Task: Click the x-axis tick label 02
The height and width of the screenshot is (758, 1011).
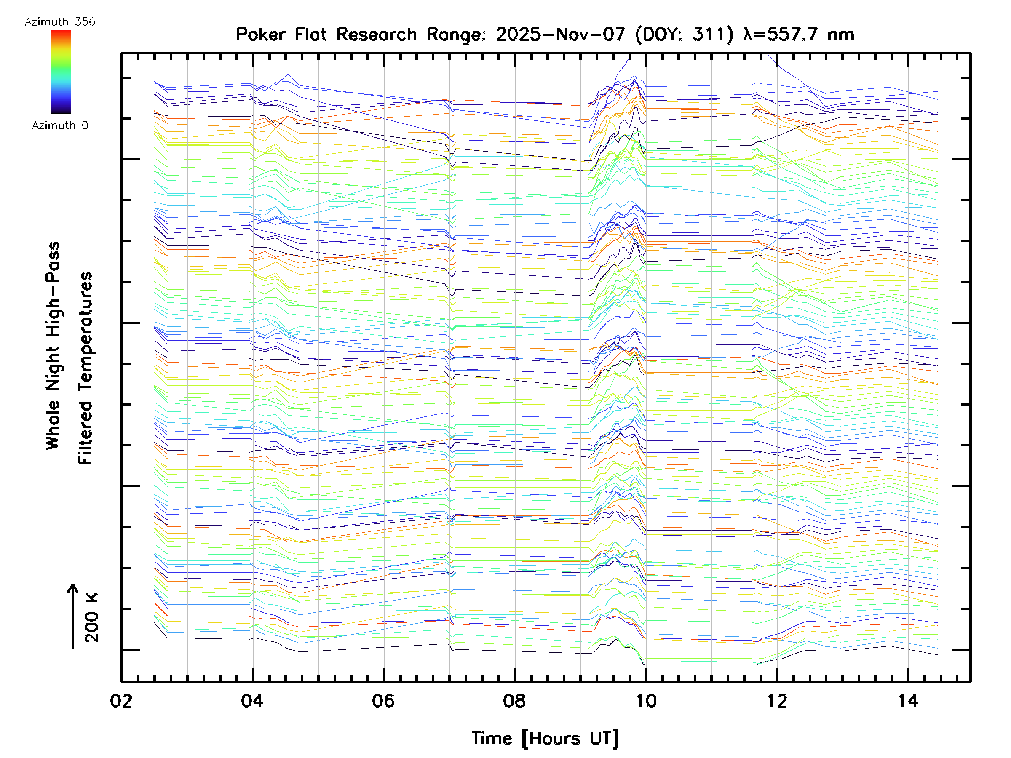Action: pos(121,701)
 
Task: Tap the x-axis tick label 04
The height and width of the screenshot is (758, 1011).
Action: pos(252,701)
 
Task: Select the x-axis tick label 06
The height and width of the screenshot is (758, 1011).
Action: pos(383,701)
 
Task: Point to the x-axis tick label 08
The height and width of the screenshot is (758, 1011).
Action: pos(514,701)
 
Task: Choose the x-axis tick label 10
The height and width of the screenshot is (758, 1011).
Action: pos(646,701)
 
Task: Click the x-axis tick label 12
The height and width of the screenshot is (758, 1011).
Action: pos(776,701)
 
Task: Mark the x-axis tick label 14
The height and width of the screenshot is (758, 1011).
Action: pos(908,701)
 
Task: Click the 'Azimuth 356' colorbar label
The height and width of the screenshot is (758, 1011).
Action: pos(60,22)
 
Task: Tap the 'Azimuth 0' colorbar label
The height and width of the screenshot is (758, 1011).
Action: pos(60,125)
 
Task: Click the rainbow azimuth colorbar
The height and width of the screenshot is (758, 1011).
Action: pos(61,72)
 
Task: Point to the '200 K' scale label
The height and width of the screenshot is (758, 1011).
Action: pos(91,618)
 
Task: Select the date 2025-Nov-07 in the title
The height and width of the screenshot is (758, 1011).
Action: pos(560,34)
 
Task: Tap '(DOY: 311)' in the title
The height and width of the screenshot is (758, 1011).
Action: pos(684,34)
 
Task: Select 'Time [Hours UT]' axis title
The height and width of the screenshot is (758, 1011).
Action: pos(545,738)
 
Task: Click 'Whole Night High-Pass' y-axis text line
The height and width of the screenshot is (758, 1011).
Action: pos(53,345)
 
